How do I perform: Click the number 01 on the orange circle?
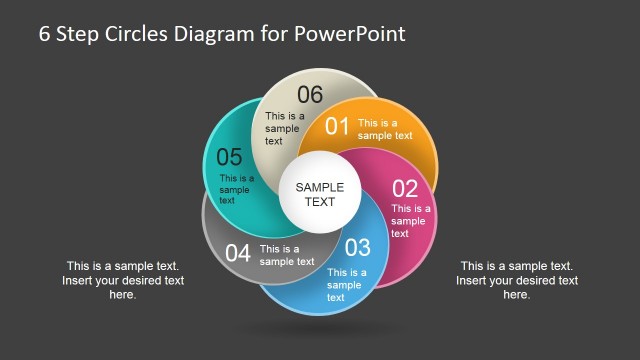tap(337, 127)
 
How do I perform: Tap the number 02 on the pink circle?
tap(404, 188)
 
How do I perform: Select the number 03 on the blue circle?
tap(357, 247)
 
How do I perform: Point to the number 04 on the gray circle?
tap(238, 253)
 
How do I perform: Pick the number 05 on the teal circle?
tap(229, 157)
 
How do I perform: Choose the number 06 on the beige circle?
tap(310, 95)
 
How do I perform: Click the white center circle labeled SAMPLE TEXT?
tap(319, 194)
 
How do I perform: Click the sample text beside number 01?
tap(385, 129)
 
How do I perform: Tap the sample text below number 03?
tap(345, 284)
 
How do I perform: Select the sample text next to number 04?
tap(286, 255)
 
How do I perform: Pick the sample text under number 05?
tap(236, 189)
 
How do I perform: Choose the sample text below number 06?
tap(284, 128)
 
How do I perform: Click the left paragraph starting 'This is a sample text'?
tap(122, 280)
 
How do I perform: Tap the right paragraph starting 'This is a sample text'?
tap(516, 280)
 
